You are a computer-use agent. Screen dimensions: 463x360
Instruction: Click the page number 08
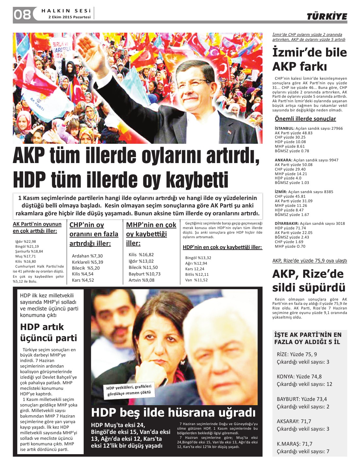point(22,14)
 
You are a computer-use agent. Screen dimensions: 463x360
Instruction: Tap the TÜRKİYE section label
point(327,17)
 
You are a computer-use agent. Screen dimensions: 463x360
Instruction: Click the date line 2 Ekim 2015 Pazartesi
point(69,17)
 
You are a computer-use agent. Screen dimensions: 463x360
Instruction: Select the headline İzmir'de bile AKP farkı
point(309,59)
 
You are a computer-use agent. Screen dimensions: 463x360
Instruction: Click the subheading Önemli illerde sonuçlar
point(305,119)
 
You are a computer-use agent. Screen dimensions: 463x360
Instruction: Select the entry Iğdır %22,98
point(25,241)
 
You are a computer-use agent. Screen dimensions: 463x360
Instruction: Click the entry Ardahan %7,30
point(87,256)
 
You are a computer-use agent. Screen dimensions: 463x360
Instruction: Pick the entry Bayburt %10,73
point(144,274)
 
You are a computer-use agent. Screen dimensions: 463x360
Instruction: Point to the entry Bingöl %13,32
point(198,258)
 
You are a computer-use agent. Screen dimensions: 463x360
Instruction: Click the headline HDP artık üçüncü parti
point(48,332)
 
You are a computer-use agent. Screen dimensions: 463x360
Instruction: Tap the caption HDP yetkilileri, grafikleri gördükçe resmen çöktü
point(129,390)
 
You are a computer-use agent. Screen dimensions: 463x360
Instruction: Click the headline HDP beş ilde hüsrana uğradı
point(173,413)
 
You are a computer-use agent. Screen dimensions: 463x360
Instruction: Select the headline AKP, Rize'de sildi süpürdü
point(308,281)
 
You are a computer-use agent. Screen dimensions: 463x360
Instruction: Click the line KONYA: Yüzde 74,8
point(299,376)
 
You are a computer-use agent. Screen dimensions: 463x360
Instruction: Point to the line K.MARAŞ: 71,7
point(294,444)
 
